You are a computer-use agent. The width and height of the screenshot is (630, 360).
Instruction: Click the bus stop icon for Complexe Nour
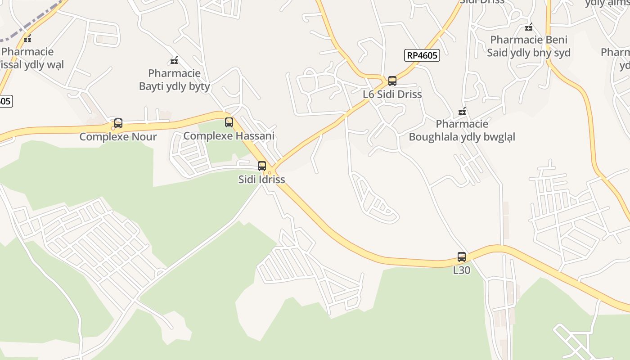pos(118,123)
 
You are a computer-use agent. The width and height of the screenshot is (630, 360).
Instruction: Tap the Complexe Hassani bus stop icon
pos(229,122)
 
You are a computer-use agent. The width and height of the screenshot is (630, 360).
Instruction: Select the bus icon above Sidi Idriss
pos(262,166)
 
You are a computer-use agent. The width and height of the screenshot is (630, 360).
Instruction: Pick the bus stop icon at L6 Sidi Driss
pos(392,81)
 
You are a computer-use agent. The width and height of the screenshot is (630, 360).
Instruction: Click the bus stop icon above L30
pos(462,257)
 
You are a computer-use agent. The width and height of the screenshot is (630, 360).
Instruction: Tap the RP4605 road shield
pos(421,56)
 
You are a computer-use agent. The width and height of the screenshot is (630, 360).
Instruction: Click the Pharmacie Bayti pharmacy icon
pos(174,60)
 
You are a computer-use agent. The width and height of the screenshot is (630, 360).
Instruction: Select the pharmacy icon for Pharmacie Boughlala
pos(462,111)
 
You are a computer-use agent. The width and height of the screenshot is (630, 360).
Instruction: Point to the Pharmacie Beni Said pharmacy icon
pos(529,27)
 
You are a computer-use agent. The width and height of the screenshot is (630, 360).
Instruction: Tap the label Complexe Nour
pos(118,137)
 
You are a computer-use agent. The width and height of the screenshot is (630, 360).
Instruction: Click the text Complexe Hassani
pos(229,136)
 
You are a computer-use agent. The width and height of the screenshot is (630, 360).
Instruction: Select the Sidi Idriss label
pos(261,179)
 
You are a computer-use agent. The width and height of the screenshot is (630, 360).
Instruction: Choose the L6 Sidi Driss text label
pos(392,94)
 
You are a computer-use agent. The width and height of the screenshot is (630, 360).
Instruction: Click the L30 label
pos(462,270)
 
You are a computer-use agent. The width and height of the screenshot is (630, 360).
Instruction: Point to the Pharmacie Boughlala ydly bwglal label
pos(462,130)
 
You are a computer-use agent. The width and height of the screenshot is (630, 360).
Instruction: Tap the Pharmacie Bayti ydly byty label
pos(174,80)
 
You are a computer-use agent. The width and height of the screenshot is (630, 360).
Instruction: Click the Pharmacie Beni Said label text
pos(529,46)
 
